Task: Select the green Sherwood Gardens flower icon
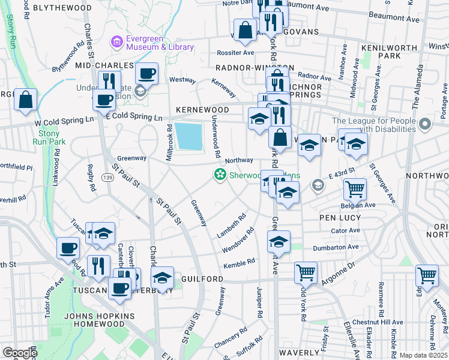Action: (220, 175)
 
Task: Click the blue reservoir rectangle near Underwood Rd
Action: (190, 136)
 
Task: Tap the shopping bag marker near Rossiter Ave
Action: (246, 30)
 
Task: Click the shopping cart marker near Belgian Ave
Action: (355, 190)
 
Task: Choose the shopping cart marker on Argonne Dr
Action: (306, 272)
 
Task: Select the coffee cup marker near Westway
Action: (146, 74)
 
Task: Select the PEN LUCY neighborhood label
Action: (340, 217)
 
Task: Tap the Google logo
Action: (20, 353)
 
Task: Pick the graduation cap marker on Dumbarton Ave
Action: (279, 242)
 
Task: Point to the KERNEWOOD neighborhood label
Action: (202, 110)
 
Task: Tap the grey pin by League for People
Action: (426, 125)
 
